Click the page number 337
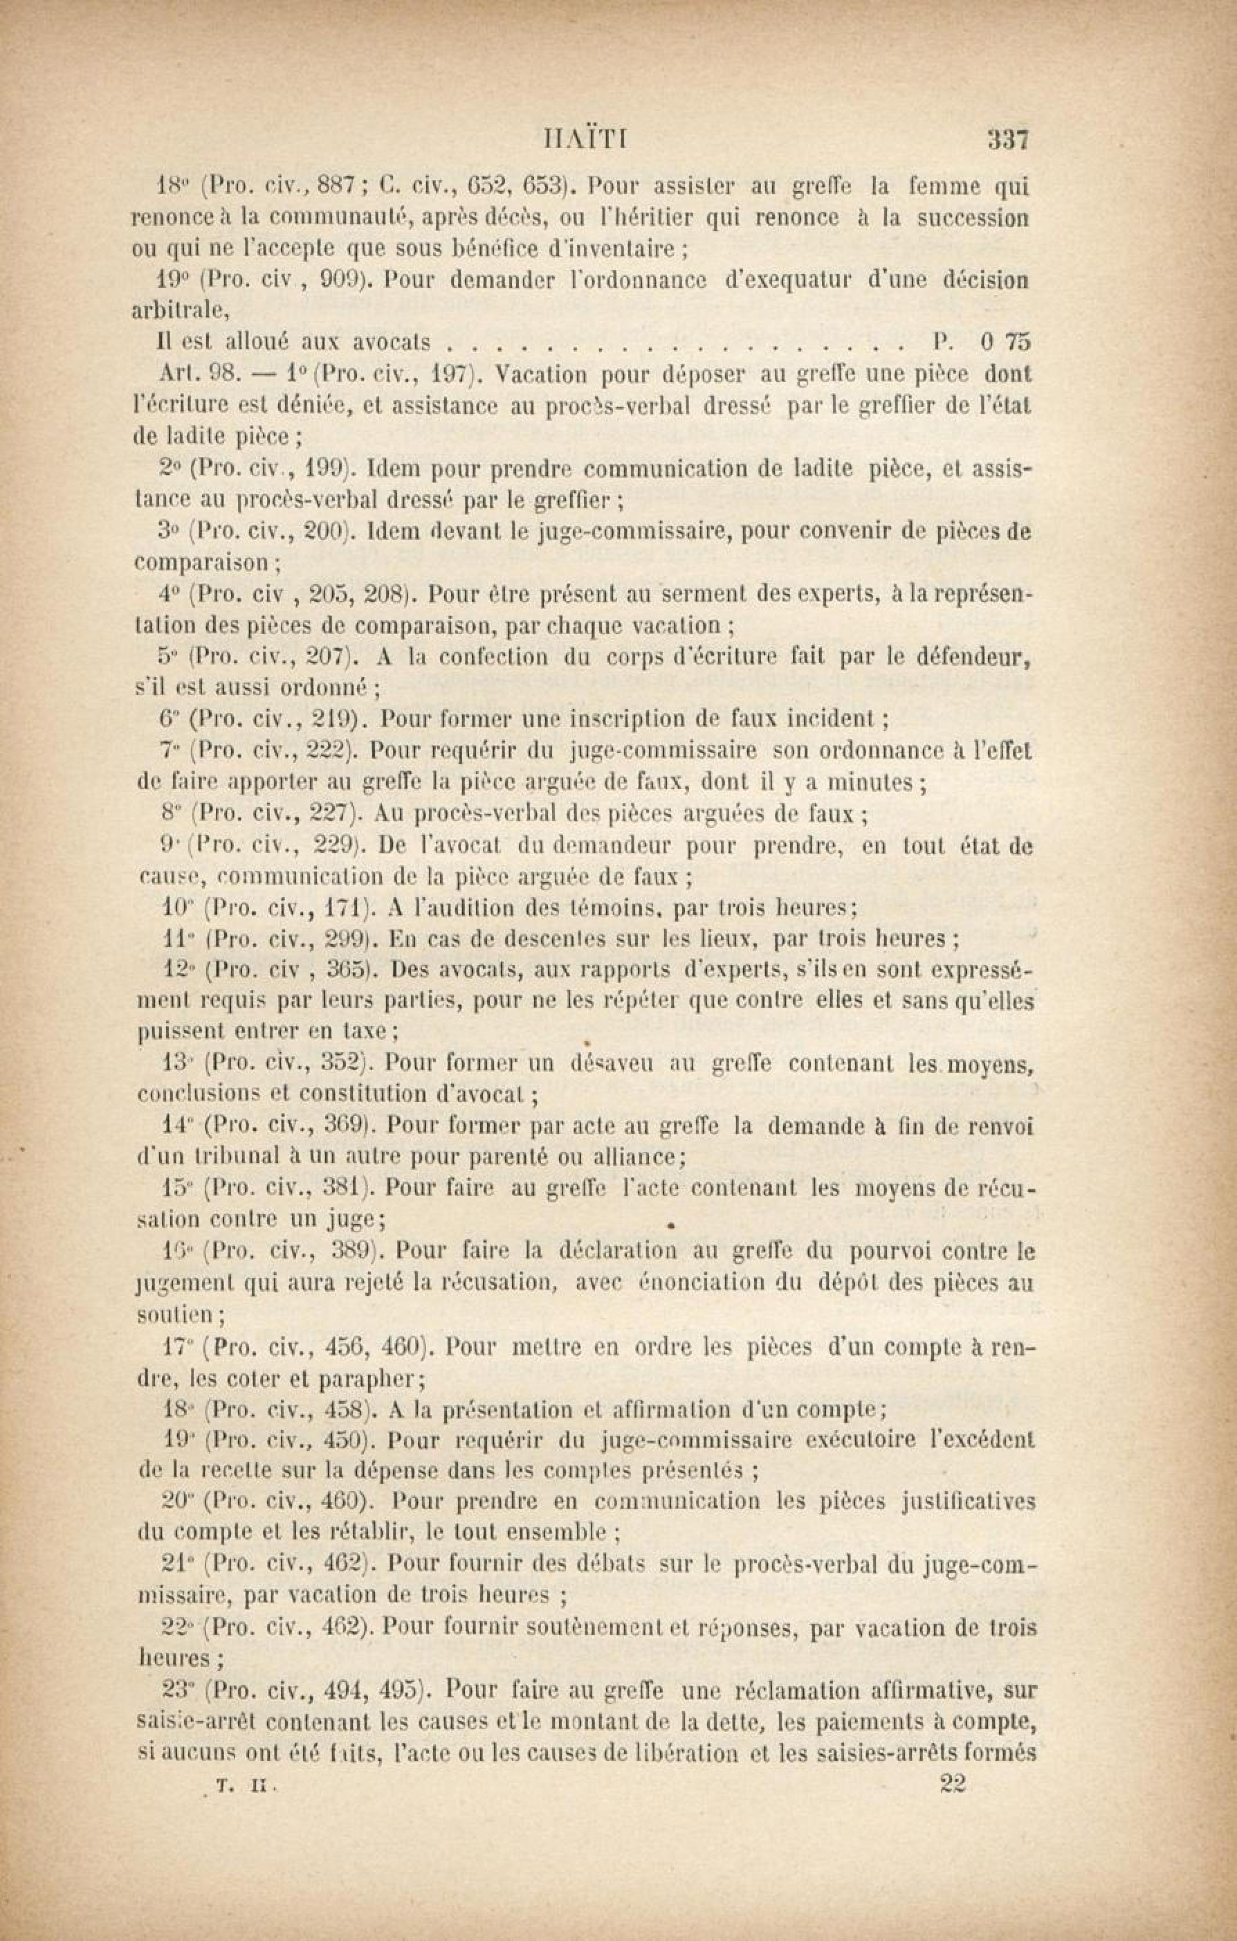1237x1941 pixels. (1009, 141)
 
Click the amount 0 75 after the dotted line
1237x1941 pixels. (1006, 343)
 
